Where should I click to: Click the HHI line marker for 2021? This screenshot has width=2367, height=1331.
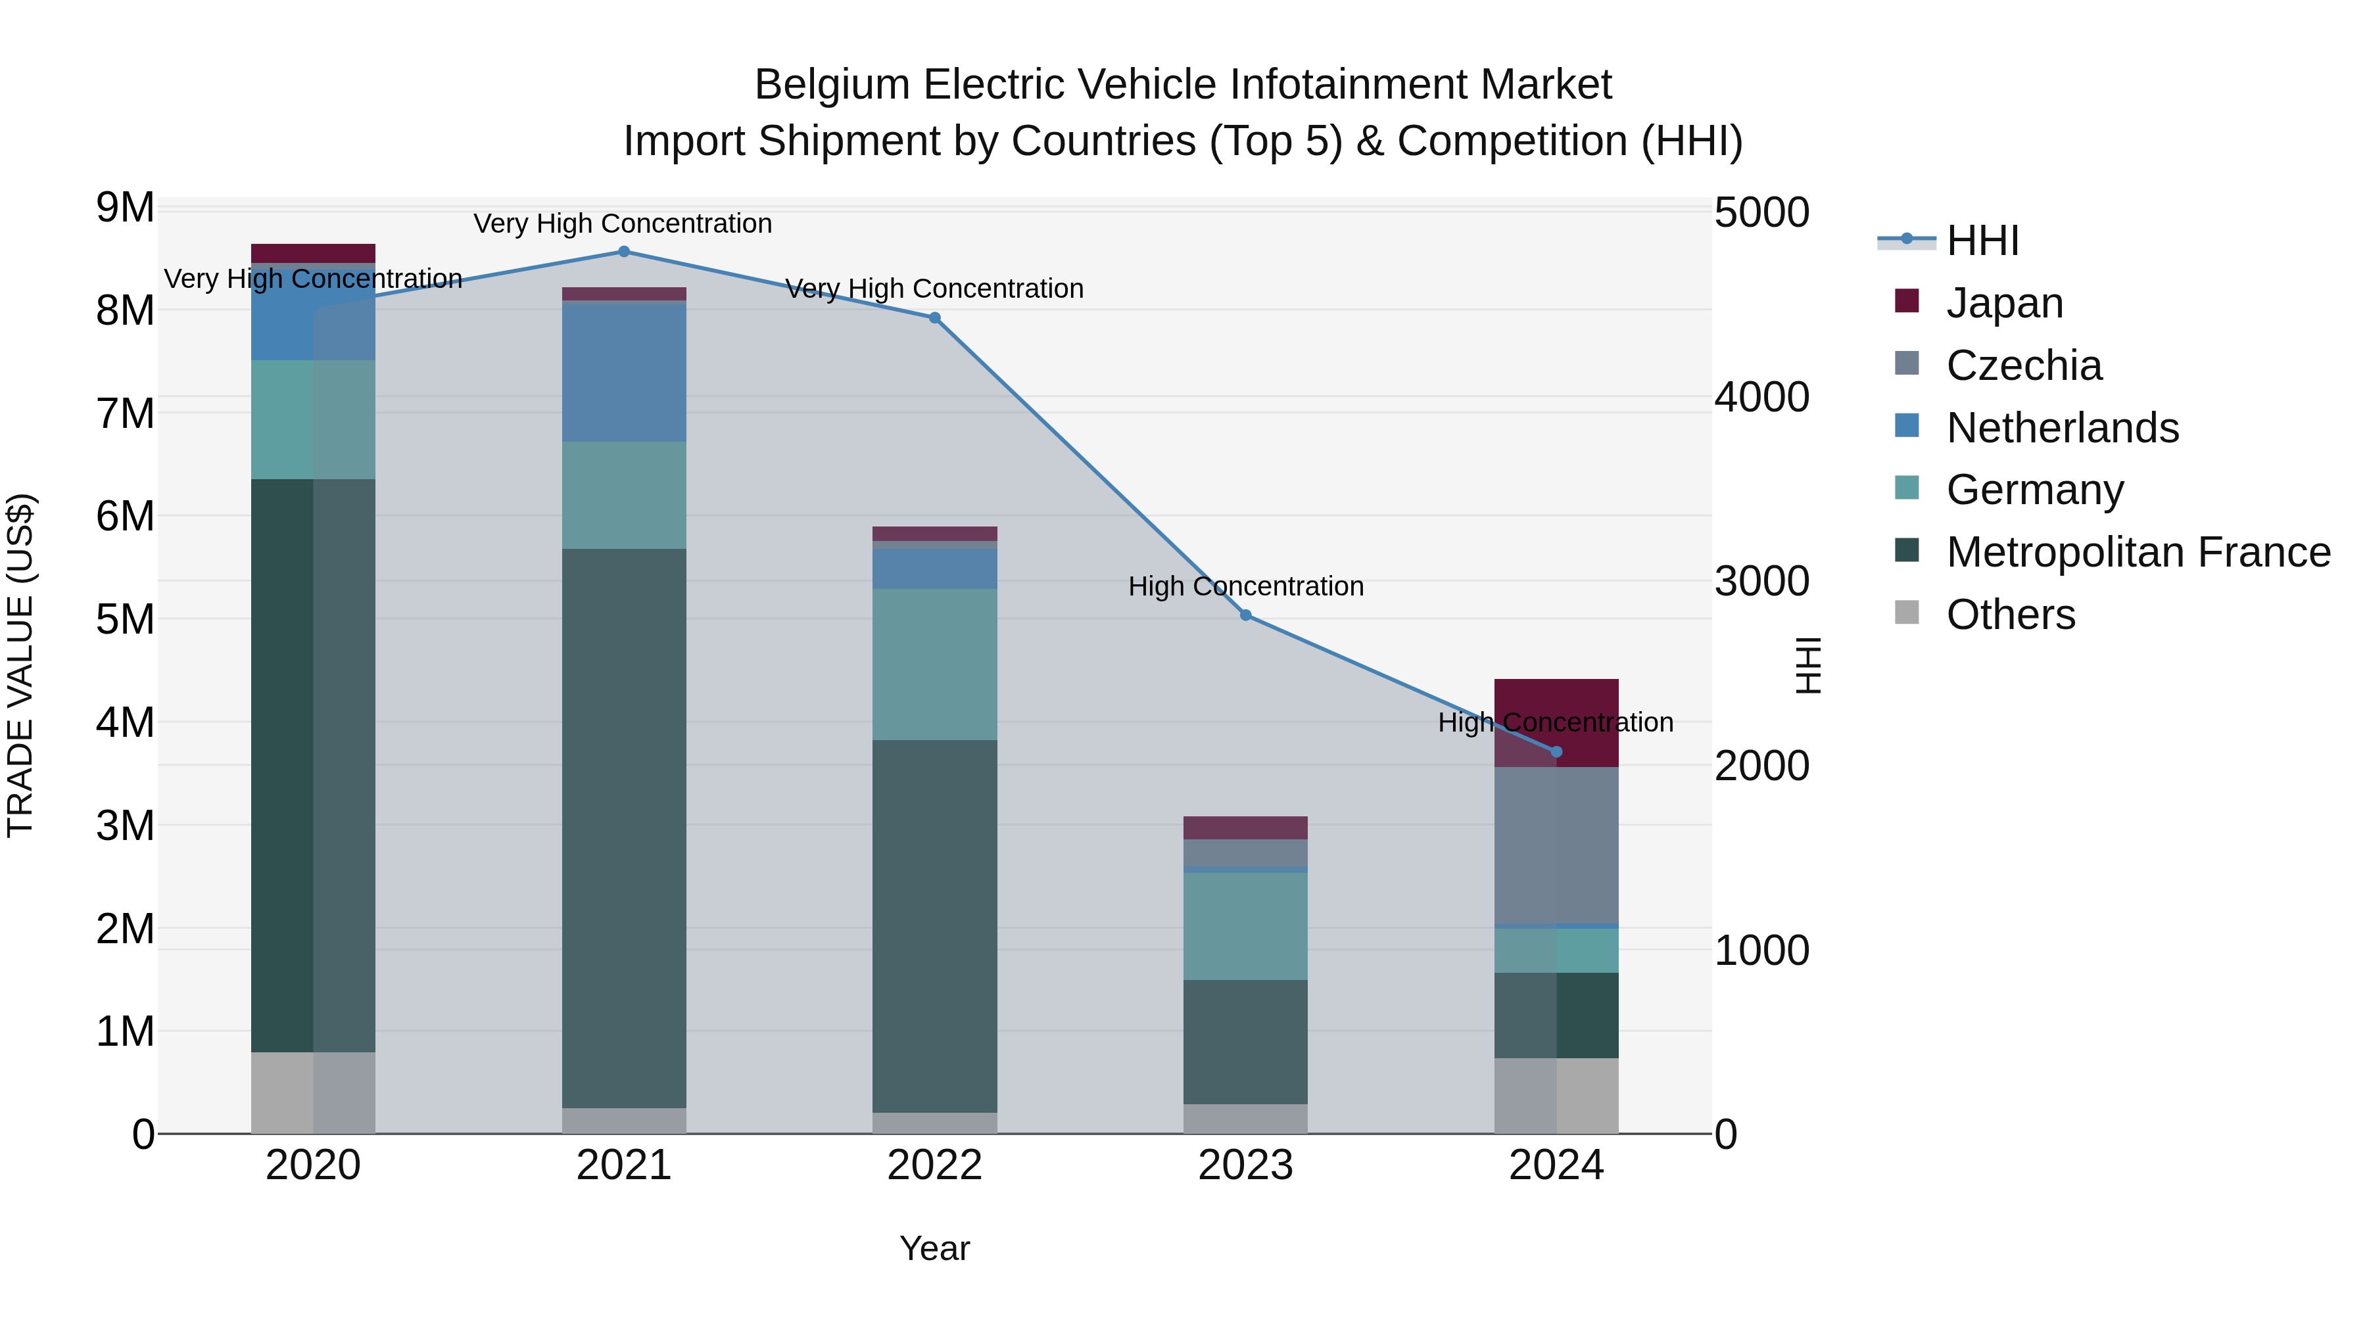624,252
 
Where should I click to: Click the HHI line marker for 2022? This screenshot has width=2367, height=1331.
934,318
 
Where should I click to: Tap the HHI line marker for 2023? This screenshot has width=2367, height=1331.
1245,615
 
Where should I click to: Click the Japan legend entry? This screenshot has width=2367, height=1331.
2004,303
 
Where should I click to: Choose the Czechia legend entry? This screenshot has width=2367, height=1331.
2022,365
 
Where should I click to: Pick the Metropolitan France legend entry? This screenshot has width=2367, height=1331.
2138,552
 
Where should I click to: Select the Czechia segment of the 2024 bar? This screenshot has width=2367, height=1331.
1556,845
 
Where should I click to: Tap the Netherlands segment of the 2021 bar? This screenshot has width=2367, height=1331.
624,372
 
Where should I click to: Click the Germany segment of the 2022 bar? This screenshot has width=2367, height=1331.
934,664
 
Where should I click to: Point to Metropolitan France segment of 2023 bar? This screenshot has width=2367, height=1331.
1245,1042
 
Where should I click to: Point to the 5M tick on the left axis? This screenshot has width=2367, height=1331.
125,619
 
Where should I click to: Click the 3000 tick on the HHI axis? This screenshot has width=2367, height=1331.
1761,582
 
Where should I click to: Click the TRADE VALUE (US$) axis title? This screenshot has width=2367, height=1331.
20,665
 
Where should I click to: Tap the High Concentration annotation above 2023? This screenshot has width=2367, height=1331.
1245,586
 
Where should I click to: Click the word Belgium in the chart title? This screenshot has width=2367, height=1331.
832,85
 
